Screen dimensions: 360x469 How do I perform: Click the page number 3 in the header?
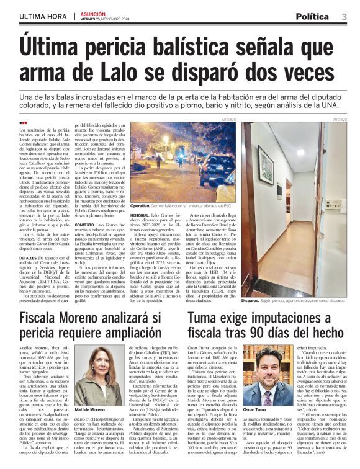coord(344,17)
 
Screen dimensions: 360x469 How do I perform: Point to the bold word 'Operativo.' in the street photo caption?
coord(141,205)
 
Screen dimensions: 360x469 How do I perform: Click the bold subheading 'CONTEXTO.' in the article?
coord(88,223)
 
